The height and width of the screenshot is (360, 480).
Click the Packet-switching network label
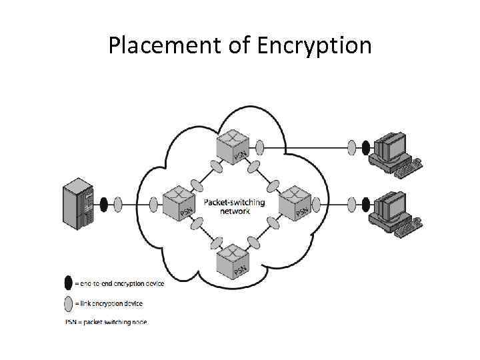coord(234,206)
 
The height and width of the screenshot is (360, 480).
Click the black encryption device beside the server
coord(104,203)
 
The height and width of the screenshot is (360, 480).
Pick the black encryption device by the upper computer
coord(365,146)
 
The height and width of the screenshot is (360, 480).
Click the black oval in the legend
coord(68,283)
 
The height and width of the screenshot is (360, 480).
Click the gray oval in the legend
coord(68,304)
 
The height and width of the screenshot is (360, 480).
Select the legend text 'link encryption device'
coord(111,304)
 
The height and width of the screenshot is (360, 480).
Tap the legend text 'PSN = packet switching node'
coord(106,323)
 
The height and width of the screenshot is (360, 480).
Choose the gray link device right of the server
coord(118,203)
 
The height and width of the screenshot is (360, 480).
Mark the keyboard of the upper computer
coord(407,167)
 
